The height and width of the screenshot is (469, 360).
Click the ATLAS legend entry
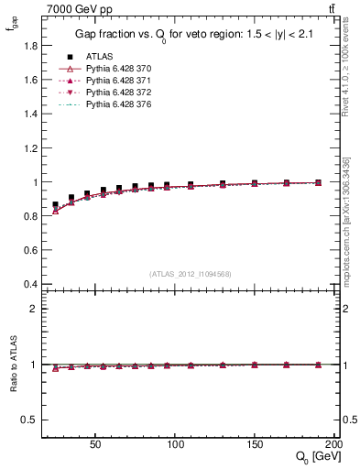click(98, 57)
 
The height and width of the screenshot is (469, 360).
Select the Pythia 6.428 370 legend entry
click(115, 69)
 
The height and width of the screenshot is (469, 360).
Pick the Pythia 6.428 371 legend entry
click(115, 82)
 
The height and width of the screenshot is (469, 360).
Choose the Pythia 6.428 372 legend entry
click(115, 93)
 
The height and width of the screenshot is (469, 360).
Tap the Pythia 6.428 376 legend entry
click(115, 106)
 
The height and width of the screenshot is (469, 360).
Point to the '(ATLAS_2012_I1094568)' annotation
click(191, 273)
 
